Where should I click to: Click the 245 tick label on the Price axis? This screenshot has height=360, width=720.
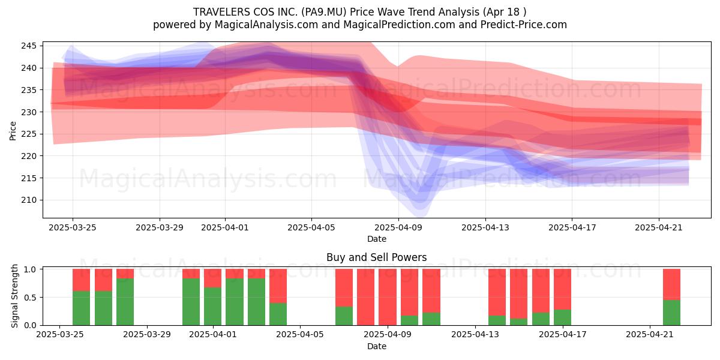(x=29, y=46)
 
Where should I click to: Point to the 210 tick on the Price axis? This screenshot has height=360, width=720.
(x=29, y=200)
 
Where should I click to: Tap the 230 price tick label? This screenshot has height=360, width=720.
(x=29, y=112)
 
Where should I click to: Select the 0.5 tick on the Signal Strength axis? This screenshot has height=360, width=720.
(x=31, y=298)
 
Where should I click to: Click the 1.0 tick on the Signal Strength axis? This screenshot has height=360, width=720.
(x=31, y=269)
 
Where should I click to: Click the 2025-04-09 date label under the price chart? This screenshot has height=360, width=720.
(x=398, y=227)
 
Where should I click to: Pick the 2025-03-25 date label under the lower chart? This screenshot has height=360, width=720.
(x=60, y=334)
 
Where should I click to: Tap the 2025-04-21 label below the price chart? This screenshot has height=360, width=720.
(x=659, y=227)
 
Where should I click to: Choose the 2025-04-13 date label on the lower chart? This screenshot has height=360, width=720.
(x=475, y=334)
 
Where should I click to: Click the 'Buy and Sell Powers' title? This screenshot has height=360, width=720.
(x=377, y=257)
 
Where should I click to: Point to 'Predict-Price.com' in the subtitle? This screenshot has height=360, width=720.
(x=524, y=25)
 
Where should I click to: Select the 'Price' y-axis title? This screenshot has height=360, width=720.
(x=13, y=131)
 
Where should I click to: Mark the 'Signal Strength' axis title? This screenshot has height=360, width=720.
(x=14, y=296)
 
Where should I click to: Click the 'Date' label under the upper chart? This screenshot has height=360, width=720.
(x=377, y=239)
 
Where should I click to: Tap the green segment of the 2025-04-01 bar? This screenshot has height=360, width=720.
(x=213, y=307)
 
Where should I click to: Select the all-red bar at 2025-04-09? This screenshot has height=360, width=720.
(x=388, y=298)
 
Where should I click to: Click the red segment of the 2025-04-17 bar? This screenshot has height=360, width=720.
(x=563, y=289)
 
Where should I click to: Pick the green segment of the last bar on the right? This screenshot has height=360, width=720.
(x=672, y=313)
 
